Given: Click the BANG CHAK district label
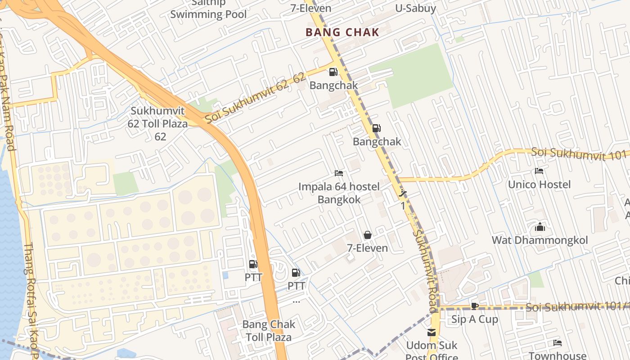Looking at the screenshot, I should point(342,32).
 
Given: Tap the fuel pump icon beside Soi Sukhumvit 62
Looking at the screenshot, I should point(333,72).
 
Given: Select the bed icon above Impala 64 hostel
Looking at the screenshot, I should point(339,173).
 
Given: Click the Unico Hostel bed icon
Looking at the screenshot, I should point(539,171).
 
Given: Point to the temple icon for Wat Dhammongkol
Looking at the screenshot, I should point(540,227).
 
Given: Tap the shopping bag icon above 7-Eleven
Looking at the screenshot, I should point(367,235).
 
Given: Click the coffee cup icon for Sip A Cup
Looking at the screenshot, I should point(474,306).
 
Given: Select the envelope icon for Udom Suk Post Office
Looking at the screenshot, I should point(431,333).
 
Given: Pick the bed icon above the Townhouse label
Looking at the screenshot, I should point(558,343).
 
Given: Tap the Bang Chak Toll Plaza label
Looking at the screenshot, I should point(269,331).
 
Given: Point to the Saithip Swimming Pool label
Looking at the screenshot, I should point(208,9).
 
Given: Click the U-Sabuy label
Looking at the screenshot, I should point(415,8).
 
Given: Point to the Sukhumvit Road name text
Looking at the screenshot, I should point(425,270).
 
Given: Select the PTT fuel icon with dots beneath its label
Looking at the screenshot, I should point(296,272).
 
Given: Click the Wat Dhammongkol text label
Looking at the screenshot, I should point(540,240).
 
